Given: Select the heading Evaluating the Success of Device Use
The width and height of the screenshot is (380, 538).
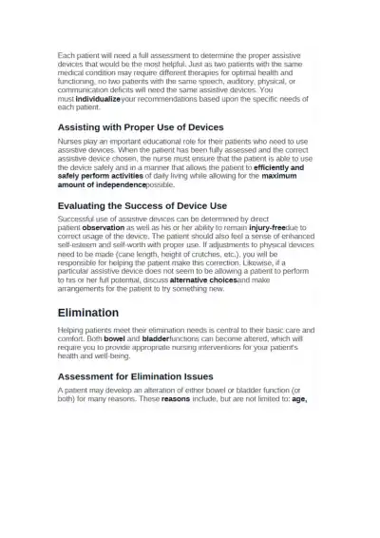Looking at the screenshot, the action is tap(142, 205).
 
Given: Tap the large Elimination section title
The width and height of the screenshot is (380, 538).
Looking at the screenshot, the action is tap(87, 312).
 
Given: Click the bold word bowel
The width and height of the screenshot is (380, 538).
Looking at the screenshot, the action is tap(115, 337).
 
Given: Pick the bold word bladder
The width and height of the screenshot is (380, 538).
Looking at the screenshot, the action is tap(155, 337).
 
